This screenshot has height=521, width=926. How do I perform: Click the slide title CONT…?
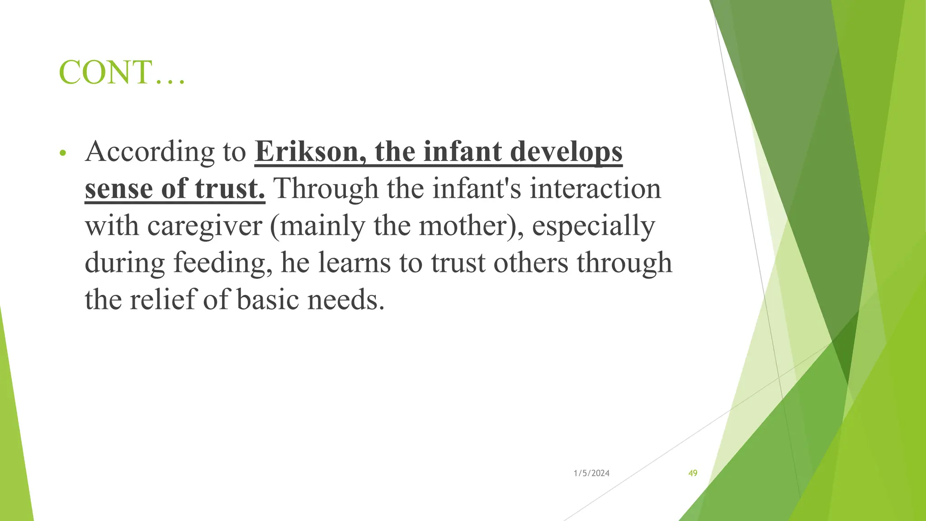click(122, 72)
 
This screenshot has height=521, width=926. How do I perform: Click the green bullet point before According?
click(63, 154)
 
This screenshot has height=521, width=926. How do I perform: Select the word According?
click(150, 152)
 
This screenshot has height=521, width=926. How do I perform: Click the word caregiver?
click(204, 226)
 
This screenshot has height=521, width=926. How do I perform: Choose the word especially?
click(593, 226)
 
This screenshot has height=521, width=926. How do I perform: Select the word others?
click(530, 263)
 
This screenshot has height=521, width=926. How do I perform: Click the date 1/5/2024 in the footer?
click(591, 473)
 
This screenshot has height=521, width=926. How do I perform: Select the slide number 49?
click(693, 473)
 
